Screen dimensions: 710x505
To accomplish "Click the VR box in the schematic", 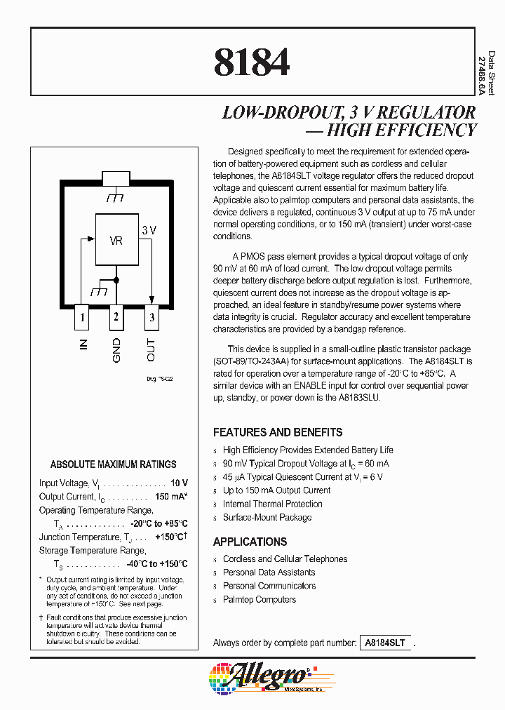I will click(x=116, y=241).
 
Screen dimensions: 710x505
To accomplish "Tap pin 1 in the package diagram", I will click(x=82, y=317).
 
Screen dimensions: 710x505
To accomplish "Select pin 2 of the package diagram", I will click(x=116, y=317).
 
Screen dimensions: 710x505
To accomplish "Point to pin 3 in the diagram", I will click(x=151, y=317).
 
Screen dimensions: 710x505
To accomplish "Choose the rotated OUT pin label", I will click(x=151, y=349).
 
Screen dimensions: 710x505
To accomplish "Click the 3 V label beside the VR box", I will click(x=149, y=230).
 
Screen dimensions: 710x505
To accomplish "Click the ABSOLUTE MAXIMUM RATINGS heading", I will click(x=114, y=464).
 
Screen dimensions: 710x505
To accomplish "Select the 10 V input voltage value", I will click(x=180, y=483).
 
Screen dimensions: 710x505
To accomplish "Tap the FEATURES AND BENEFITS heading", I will click(x=278, y=432).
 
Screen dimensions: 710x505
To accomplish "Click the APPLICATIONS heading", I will click(x=250, y=542).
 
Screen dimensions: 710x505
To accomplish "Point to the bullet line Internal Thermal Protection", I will click(x=272, y=504).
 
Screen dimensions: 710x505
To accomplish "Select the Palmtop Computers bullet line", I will click(x=259, y=599).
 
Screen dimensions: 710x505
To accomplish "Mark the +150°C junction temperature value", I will click(x=170, y=537).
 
